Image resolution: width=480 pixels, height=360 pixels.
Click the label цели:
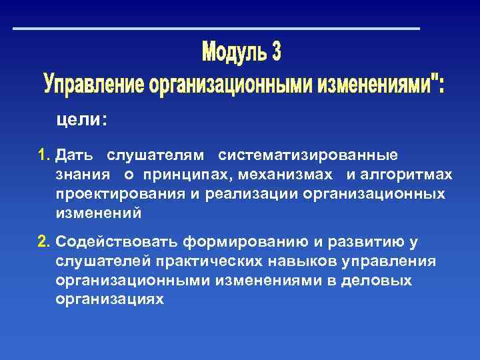point(81,119)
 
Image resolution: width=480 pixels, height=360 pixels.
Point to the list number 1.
point(44,155)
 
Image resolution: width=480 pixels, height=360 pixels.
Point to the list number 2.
point(44,241)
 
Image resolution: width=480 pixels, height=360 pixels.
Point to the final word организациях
point(109,299)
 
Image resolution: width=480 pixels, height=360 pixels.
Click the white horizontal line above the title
point(217,29)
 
